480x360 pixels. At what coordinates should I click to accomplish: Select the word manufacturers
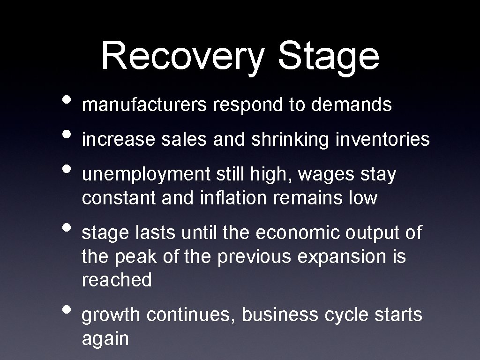[x=144, y=105]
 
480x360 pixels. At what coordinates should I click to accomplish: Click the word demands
[x=351, y=105]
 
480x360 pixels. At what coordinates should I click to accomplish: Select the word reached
[x=117, y=280]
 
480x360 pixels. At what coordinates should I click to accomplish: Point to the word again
[x=105, y=339]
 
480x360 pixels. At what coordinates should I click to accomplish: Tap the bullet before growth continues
[x=67, y=311]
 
